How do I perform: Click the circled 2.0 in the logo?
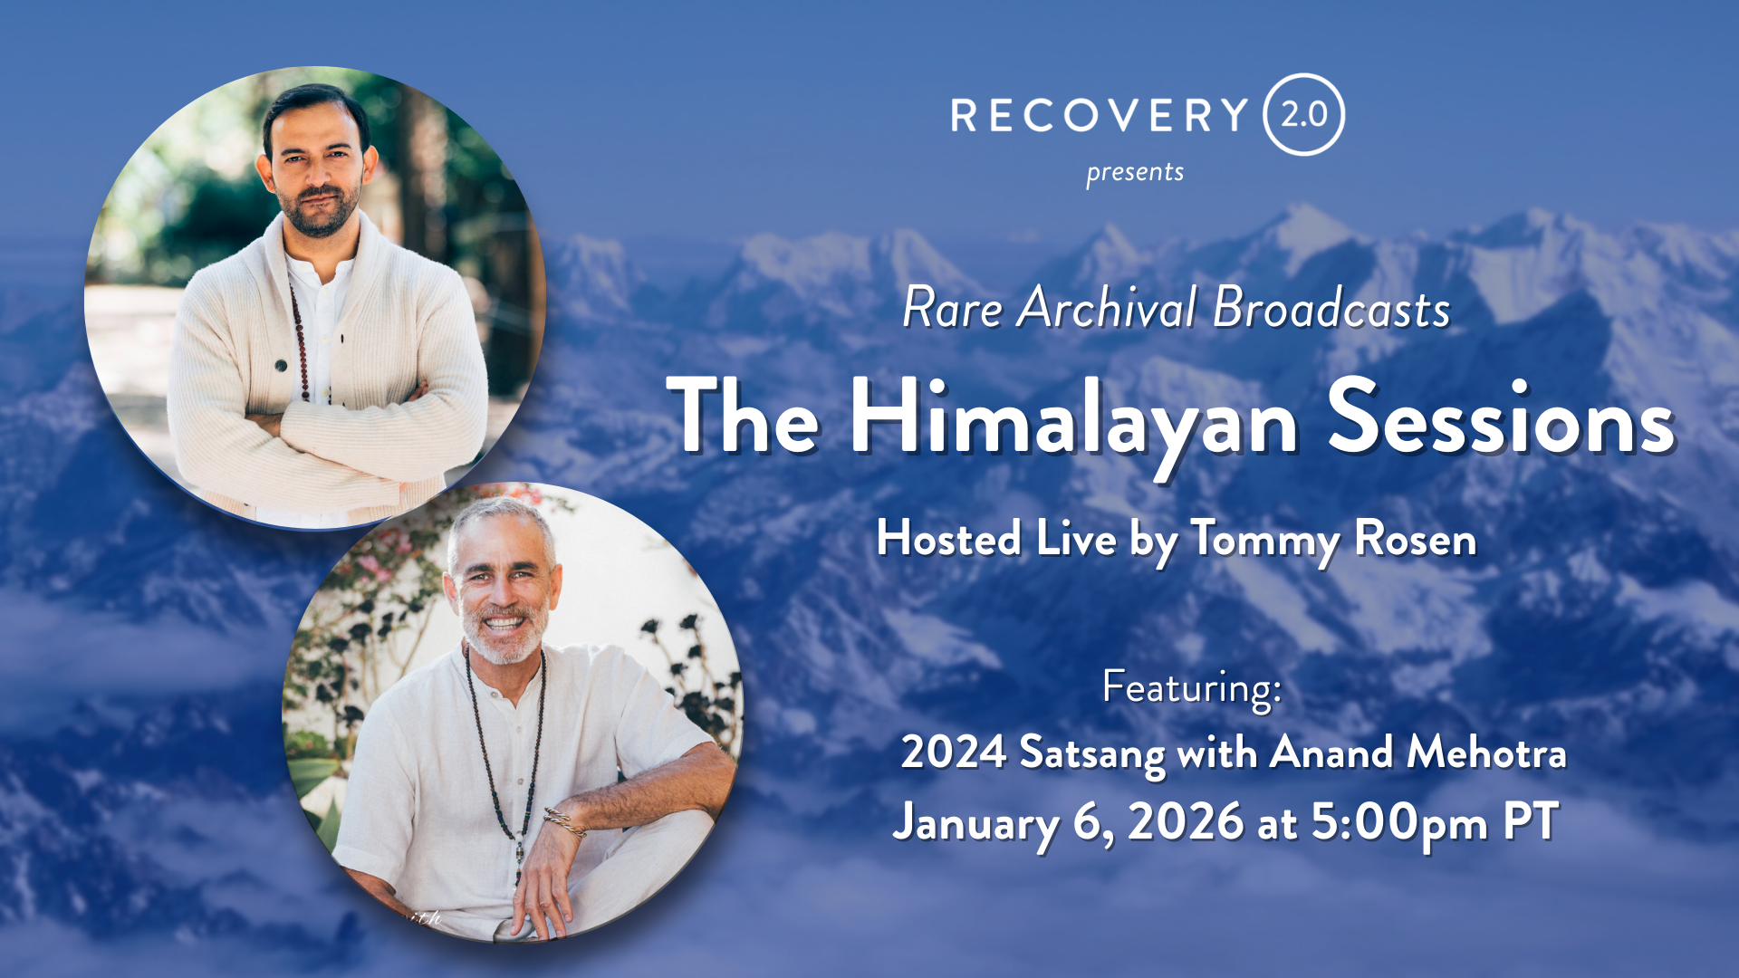point(1303,115)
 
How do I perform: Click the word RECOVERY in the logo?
point(1100,115)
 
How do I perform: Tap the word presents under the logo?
point(1135,172)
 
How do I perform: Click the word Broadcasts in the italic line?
point(1331,307)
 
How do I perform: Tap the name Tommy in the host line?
point(1265,541)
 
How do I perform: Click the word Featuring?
point(1192,688)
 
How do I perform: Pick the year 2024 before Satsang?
point(953,753)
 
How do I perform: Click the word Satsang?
point(1092,754)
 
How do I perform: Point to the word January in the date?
point(975,824)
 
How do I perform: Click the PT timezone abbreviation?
point(1531,821)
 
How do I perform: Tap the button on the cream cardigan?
point(281,365)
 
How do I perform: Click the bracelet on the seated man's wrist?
point(564,821)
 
